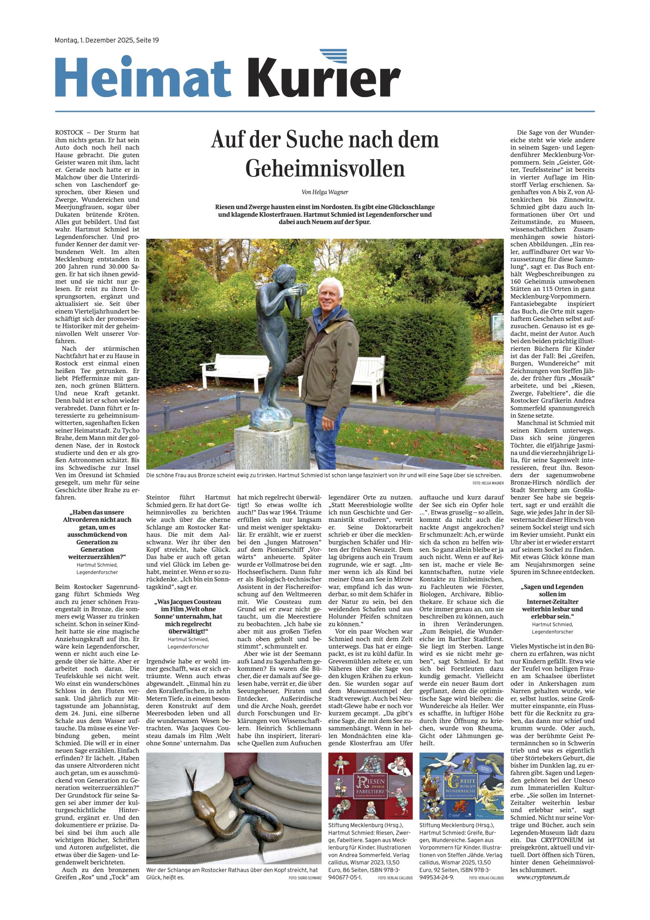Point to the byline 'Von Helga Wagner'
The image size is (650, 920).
[325, 192]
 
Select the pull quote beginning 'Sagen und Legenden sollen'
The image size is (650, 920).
[552, 601]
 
